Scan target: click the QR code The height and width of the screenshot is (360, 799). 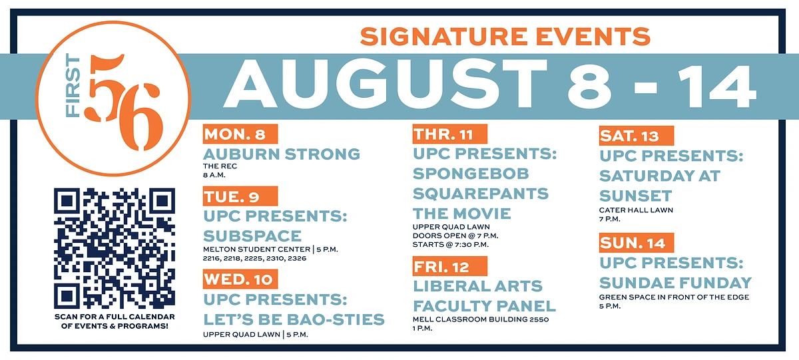tap(115, 248)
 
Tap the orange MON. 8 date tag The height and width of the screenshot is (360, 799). tap(240, 134)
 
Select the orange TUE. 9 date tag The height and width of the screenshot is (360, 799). tap(240, 196)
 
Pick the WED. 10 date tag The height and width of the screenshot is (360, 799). tap(240, 279)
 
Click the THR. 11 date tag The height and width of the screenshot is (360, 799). tap(450, 134)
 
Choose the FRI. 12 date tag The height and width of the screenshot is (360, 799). tap(450, 266)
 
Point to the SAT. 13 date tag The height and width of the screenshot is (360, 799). tap(637, 136)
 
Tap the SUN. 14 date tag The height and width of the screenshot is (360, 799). tap(637, 243)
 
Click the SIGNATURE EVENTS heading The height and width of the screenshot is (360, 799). tap(505, 37)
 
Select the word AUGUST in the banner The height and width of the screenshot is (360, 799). tap(386, 85)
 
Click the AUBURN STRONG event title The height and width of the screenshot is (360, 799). tap(282, 154)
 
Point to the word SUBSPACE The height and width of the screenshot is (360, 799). tap(252, 236)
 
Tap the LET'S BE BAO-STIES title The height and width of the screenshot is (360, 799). tap(294, 319)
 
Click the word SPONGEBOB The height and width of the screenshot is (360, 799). tap(471, 174)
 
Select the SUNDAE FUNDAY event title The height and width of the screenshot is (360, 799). tap(675, 283)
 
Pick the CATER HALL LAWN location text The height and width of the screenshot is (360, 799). tap(636, 210)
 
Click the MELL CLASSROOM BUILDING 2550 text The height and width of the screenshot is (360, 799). tap(481, 319)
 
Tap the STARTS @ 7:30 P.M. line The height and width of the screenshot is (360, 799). tap(451, 244)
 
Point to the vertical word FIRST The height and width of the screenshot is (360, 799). tap(73, 86)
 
